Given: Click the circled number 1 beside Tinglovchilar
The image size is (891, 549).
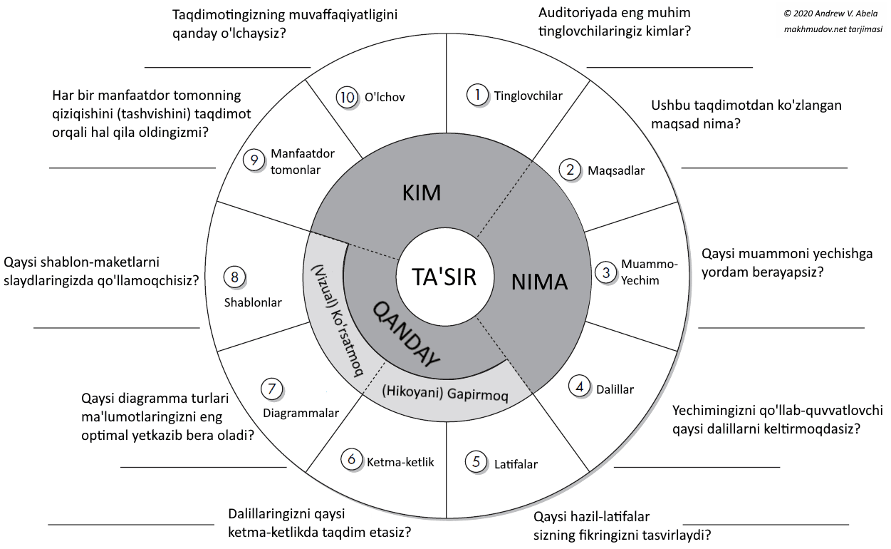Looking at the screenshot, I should [x=477, y=95].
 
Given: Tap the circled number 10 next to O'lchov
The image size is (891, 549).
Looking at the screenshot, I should [x=347, y=97].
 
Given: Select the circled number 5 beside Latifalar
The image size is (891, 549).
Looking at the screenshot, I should [x=476, y=461].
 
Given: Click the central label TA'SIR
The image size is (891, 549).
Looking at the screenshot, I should [x=444, y=277].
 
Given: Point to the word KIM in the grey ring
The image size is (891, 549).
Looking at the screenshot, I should [x=422, y=193].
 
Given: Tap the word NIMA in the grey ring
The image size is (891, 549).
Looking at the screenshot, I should [x=540, y=282].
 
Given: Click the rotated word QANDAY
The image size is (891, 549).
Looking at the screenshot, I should [x=405, y=332].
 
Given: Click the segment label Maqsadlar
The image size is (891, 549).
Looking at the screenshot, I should [x=616, y=170].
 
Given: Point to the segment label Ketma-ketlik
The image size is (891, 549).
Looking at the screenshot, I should [x=400, y=461].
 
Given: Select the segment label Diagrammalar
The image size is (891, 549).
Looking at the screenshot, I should [x=301, y=414].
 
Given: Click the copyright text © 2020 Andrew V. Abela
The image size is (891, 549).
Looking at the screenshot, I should [x=833, y=13].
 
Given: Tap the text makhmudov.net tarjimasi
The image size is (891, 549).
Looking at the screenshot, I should [x=833, y=29].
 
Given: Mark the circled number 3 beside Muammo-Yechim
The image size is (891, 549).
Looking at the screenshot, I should [x=606, y=272].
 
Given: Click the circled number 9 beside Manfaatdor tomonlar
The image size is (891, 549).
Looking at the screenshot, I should [x=254, y=160].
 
